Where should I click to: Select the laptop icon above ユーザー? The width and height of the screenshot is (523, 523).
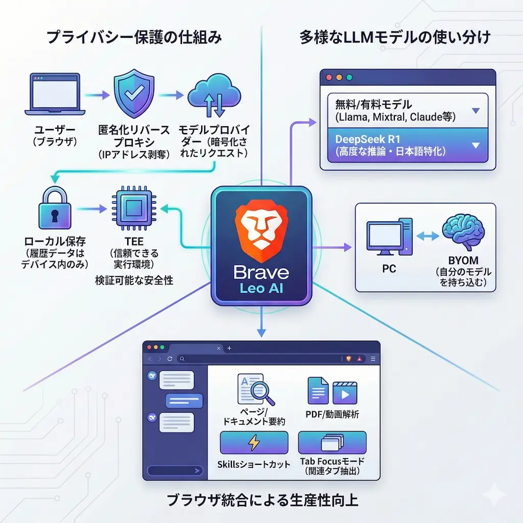tap(55, 95)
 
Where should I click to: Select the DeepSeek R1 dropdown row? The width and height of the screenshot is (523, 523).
tap(408, 145)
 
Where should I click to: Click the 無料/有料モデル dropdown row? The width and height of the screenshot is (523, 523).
tap(408, 111)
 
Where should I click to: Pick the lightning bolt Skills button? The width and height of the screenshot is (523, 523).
tap(254, 443)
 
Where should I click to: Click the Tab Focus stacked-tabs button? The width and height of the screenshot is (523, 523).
tap(332, 443)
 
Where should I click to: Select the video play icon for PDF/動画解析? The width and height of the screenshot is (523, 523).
tap(344, 392)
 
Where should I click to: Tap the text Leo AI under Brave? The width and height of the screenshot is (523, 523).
tap(261, 289)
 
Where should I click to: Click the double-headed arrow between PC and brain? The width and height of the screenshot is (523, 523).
tap(427, 236)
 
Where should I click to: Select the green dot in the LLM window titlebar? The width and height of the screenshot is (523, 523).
tap(350, 78)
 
